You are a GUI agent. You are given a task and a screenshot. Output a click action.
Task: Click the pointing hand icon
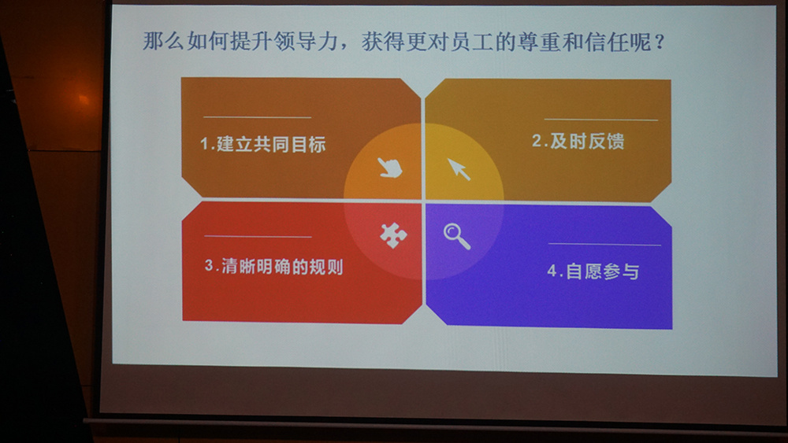390,168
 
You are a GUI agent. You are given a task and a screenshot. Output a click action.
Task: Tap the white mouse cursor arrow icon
459,169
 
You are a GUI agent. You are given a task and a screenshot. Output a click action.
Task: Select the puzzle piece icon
393,235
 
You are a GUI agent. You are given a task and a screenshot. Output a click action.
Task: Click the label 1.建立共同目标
263,145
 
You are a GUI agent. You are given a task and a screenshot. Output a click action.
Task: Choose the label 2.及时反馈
578,141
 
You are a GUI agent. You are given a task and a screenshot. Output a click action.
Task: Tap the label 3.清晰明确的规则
274,266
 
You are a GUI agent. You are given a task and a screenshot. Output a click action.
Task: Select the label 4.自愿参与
593,271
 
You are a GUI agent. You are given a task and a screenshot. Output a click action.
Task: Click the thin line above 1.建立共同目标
258,117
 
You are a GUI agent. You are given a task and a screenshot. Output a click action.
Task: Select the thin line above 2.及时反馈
601,120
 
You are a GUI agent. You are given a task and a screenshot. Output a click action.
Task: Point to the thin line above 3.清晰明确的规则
258,236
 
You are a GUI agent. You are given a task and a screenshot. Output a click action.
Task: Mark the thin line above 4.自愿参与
604,245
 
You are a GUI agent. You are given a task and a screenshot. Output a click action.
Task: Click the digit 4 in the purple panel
552,271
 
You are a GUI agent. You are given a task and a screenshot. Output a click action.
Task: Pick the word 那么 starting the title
163,41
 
